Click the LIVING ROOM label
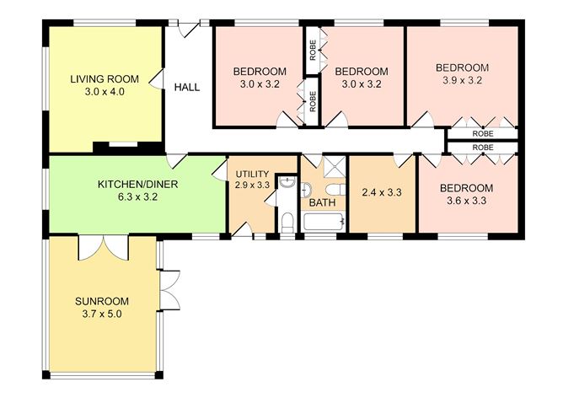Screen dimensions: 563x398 pos(105,79)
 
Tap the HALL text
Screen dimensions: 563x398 pos(187,88)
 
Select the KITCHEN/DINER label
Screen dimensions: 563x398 pos(138,185)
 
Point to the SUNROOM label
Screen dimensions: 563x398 pos(102,301)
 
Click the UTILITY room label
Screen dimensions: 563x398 pos(252,175)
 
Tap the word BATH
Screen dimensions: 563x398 pos(322,202)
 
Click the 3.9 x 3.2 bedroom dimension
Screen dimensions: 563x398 pos(463,80)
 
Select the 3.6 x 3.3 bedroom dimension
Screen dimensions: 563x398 pos(466,201)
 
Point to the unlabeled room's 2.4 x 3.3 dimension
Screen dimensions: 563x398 pos(382,193)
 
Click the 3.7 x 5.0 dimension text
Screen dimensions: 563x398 pos(102,315)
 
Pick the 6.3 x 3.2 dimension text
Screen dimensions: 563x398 pos(138,197)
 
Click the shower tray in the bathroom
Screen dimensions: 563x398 pos(335,167)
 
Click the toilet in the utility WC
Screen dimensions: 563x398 pos(287,223)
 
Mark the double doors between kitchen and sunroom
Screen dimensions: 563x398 pos(104,248)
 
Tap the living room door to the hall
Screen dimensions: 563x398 pos(157,78)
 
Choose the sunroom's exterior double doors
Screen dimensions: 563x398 pos(169,290)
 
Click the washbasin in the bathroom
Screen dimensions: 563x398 pos(306,190)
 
